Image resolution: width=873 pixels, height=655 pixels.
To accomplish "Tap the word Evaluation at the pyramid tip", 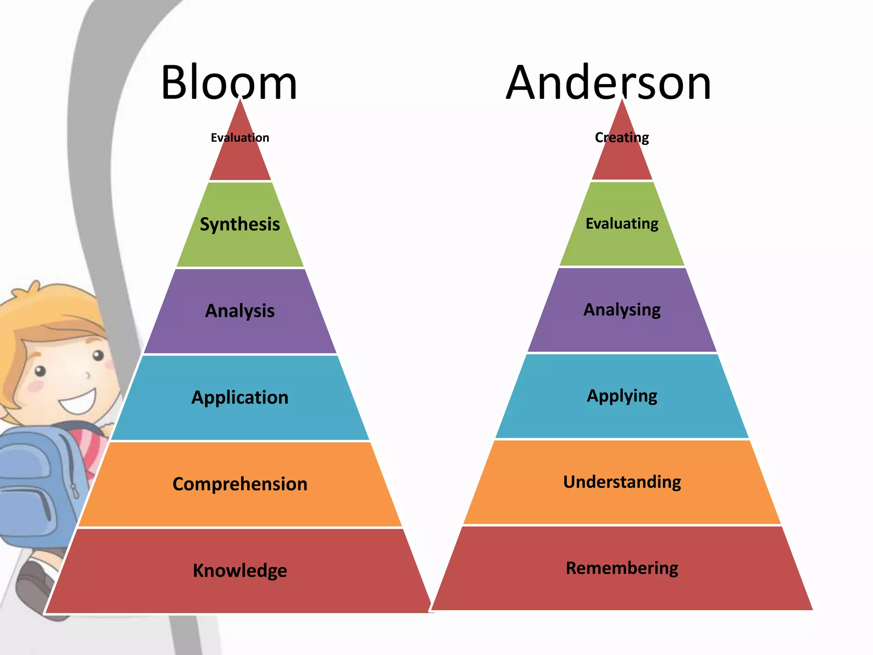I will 240,138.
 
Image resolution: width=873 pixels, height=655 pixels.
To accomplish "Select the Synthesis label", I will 240,224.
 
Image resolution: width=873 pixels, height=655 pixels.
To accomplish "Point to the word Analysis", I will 240,311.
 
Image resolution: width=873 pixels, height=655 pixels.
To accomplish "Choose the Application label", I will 240,397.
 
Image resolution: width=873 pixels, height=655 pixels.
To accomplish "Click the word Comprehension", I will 240,484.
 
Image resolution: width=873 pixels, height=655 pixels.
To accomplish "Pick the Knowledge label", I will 240,571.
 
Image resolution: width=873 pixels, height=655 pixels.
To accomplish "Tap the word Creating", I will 622,138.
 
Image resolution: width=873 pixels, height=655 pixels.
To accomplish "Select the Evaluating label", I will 622,223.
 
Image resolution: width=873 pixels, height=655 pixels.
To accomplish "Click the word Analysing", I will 622,310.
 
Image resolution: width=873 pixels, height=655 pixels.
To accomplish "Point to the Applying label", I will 622,396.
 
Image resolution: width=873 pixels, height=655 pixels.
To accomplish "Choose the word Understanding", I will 622,482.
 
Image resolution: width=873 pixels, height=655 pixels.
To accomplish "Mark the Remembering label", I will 622,568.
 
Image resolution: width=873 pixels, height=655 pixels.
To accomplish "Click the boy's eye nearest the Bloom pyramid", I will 98,355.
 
